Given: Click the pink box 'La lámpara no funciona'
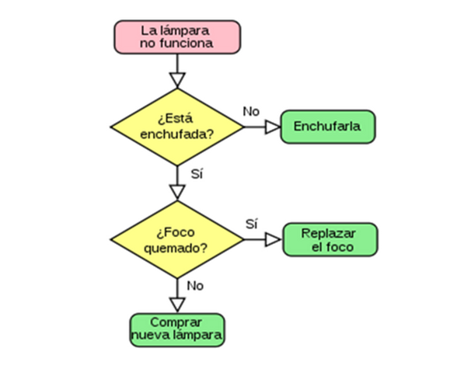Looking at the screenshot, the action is coord(177,37).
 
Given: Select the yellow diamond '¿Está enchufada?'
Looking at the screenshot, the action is coord(177,127).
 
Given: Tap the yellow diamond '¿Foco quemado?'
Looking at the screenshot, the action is coord(177,240).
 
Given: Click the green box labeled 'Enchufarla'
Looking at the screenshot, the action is coord(328,127).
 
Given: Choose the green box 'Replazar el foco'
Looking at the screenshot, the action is coord(330,240).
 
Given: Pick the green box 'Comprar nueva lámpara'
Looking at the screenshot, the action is coord(177,330).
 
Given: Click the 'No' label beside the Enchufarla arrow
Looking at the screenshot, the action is coord(251,112).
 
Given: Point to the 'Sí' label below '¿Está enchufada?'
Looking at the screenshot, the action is coord(197,174).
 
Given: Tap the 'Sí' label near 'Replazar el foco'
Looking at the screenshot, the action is coord(252,224).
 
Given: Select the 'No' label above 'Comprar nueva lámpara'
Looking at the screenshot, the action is coord(195,286).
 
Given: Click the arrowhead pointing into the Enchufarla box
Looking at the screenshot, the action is coord(273,127).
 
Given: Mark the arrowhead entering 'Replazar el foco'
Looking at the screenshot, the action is coord(273,240).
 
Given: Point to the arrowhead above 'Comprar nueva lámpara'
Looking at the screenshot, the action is coord(177,305).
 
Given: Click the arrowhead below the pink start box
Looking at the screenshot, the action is coord(177,80).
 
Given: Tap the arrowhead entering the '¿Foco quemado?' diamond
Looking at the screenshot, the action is coord(177,193).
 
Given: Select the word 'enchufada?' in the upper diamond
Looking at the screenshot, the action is coord(177,134).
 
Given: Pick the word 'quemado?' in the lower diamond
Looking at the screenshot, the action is coord(176,249).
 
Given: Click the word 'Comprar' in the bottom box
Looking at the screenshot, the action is coord(176,322).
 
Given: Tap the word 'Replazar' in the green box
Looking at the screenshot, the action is coord(329,234).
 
